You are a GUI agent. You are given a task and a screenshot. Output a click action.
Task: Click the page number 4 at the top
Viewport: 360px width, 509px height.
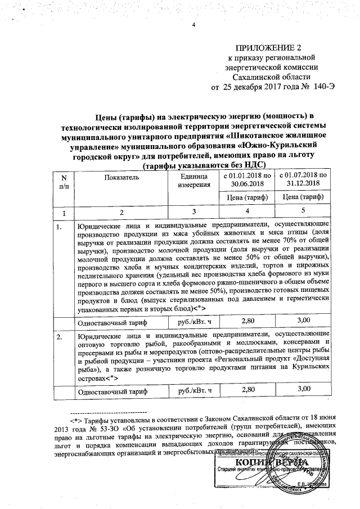click(x=192, y=25)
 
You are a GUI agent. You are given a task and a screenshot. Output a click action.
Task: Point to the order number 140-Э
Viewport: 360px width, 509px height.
click(x=323, y=88)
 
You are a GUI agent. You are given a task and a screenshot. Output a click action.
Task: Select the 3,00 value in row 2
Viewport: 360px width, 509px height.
click(x=303, y=389)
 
